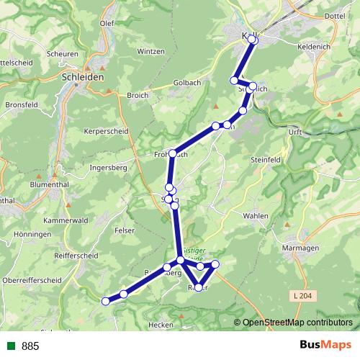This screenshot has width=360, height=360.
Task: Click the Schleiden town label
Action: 84,76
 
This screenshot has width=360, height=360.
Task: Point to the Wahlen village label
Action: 255,216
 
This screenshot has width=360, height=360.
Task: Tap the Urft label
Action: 294,132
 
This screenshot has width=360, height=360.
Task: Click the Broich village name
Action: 137,95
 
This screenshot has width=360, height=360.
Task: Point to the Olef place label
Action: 107,23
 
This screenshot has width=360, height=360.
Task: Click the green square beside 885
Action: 10,346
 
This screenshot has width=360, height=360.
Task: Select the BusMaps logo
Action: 324,346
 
